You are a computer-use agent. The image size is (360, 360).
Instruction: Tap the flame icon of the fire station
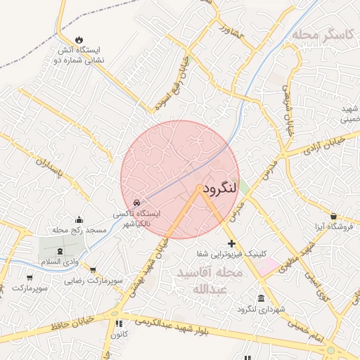click(79, 39)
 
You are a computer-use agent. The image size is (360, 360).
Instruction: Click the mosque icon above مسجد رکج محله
click(79, 219)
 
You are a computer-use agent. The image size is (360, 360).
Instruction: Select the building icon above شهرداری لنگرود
click(262, 298)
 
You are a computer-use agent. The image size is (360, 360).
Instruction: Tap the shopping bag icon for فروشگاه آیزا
click(333, 217)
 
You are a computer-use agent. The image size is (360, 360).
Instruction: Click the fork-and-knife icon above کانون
click(117, 324)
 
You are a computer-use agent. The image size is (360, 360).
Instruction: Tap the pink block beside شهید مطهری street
click(267, 266)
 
